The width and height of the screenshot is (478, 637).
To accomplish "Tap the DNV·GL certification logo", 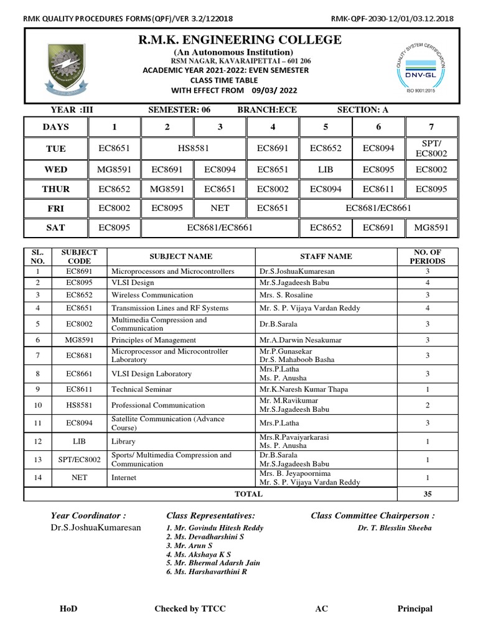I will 413,65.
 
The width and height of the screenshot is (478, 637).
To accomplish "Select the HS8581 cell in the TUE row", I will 194,149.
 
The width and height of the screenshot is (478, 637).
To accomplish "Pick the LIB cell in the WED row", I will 326,169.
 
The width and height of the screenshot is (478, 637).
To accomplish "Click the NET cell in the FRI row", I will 220,209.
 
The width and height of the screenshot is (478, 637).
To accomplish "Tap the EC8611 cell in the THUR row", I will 378,189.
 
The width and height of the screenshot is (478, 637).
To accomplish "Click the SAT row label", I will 56,228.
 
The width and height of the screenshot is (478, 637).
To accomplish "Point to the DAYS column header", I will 56,128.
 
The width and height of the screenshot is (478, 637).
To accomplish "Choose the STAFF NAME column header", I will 326,256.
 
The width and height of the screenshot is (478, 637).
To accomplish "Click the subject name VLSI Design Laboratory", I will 151,374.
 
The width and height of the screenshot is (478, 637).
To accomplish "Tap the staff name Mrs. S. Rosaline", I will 287,295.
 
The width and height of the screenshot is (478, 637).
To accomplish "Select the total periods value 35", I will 427,494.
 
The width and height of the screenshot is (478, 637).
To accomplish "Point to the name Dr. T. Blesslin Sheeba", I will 385,528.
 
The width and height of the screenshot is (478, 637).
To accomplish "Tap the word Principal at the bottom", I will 415,609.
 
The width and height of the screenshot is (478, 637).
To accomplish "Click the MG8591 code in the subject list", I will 67,340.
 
